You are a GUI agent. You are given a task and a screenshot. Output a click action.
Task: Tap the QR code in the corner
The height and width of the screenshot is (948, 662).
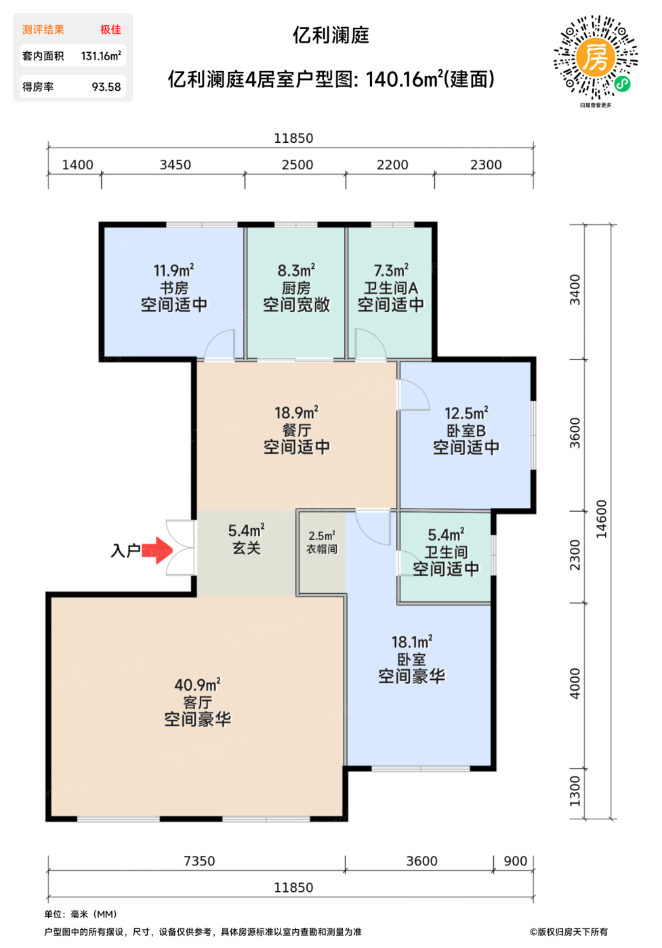point(596,58)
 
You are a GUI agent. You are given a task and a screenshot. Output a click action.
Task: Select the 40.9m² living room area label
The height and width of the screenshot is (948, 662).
point(197,685)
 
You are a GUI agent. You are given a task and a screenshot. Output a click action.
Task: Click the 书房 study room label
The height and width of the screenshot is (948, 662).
point(174,288)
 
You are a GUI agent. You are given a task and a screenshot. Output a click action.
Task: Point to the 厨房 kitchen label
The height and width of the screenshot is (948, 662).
point(296,288)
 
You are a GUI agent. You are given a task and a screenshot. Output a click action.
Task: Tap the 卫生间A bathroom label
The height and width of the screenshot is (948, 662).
point(391,288)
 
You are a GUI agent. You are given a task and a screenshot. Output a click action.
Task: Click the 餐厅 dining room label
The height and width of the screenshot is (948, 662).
point(297,430)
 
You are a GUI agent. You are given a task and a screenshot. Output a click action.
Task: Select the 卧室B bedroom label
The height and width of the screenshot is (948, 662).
point(466,431)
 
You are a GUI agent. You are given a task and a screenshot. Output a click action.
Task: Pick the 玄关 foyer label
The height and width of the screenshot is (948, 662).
point(247,548)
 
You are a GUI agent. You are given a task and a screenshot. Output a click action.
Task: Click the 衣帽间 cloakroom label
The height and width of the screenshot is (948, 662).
point(322,549)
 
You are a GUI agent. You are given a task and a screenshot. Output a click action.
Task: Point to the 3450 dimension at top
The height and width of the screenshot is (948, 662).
point(175,165)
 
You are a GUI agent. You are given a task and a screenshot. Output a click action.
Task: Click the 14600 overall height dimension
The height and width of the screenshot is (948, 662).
point(602,519)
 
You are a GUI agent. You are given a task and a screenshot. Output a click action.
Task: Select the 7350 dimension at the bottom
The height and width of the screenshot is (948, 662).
point(199,861)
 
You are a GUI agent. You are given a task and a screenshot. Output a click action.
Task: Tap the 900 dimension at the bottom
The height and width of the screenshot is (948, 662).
point(516,861)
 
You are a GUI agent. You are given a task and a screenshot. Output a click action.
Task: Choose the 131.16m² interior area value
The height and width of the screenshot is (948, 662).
point(101,56)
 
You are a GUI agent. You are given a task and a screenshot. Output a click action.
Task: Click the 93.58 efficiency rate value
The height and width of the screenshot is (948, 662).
point(106,87)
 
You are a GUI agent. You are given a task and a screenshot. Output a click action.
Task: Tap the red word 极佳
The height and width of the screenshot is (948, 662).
point(110,29)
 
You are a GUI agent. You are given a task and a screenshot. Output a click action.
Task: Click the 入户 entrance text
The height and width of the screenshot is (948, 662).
point(125,551)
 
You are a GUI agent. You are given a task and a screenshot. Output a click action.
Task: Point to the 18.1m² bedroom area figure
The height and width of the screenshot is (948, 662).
point(412,643)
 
